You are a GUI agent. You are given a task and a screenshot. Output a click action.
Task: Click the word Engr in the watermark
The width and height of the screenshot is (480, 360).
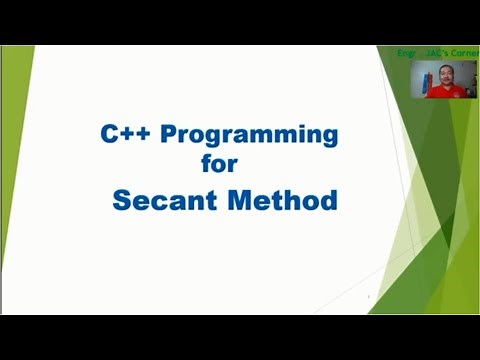pos(406,52)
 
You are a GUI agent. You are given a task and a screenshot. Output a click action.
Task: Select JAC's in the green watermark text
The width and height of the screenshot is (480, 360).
pos(435,52)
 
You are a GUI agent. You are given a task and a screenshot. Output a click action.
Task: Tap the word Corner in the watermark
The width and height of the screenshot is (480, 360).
pos(464,52)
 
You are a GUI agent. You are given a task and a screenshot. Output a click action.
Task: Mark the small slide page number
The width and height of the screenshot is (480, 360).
pos(369,297)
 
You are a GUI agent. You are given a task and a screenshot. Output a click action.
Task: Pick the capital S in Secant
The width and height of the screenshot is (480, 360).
pos(122,200)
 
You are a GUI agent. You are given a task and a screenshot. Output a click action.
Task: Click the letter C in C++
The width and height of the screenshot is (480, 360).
pos(109,133)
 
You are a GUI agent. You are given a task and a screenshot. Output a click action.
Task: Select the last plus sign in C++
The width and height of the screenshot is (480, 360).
pos(141,134)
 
